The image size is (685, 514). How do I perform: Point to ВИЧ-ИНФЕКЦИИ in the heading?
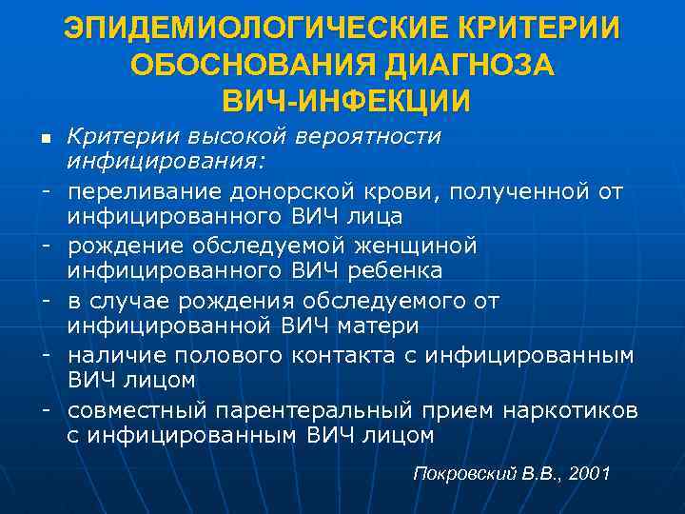click(x=343, y=100)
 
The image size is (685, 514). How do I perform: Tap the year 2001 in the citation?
click(x=586, y=473)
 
